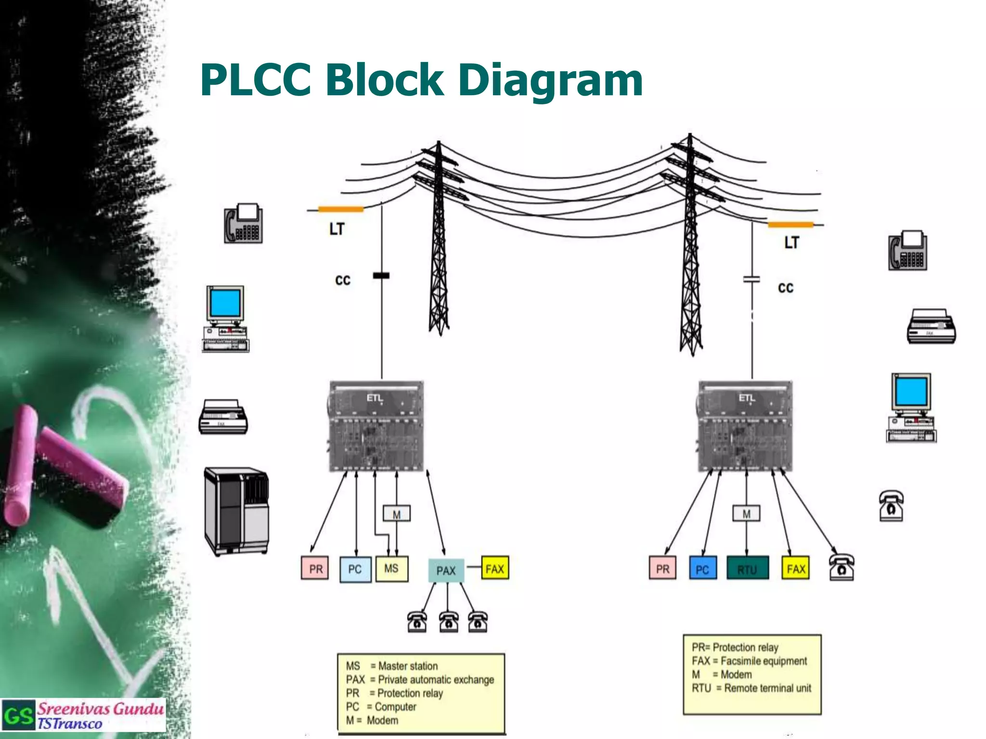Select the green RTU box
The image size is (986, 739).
[747, 569]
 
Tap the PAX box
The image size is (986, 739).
[446, 571]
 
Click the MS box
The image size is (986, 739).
[391, 569]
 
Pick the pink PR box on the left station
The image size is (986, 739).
[315, 569]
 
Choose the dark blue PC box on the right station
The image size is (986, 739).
[702, 569]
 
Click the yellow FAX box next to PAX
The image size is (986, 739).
[495, 569]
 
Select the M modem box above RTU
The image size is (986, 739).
[746, 514]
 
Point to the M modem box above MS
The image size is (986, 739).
[396, 514]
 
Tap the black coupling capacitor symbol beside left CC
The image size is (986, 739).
[381, 276]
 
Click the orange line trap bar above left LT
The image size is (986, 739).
[341, 209]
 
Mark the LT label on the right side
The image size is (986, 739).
[791, 242]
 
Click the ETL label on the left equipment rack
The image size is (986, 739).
[375, 398]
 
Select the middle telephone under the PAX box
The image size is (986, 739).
[448, 622]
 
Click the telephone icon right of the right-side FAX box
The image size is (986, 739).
[842, 567]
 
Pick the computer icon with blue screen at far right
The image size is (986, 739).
[911, 407]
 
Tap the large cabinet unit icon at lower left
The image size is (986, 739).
[236, 511]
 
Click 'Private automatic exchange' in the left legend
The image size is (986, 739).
[436, 679]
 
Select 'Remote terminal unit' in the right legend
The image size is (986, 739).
[767, 688]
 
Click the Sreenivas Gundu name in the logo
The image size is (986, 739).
[100, 709]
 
